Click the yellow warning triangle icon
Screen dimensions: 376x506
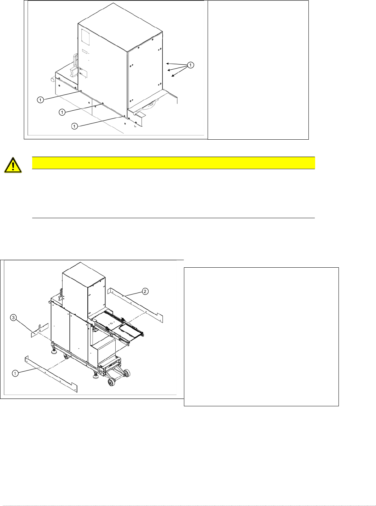pos(13,165)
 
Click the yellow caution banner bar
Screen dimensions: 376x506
pos(173,163)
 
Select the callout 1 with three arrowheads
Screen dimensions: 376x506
pos(190,65)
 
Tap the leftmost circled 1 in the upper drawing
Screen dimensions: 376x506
pos(40,100)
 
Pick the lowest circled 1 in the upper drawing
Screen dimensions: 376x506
pos(74,126)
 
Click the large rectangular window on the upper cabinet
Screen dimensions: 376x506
pos(85,37)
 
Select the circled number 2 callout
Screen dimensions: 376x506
pos(145,291)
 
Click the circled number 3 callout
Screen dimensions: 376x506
pos(13,318)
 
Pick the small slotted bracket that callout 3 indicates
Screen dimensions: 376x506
pos(40,330)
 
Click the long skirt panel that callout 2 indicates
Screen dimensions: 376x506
pos(135,305)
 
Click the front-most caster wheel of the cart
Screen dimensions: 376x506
pos(111,382)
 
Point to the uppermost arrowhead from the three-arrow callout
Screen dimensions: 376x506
pos(167,63)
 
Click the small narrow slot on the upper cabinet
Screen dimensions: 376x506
pos(85,52)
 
